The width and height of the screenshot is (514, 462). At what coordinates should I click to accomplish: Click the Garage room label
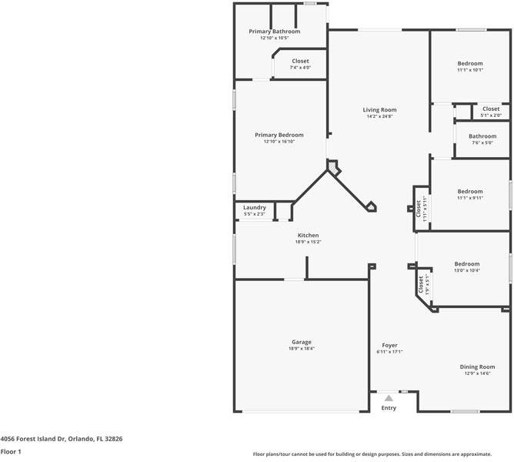click(x=301, y=342)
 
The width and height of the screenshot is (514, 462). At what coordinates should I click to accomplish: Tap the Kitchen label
click(x=308, y=236)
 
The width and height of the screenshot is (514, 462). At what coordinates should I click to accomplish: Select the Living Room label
click(x=379, y=109)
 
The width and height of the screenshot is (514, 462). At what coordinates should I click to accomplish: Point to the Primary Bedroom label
click(x=279, y=135)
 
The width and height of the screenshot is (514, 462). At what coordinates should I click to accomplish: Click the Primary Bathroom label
click(x=274, y=32)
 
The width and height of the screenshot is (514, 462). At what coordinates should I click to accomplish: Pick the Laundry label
click(x=255, y=207)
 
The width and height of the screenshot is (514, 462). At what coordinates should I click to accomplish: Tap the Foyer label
click(x=389, y=345)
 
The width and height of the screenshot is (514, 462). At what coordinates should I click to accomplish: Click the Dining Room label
click(x=477, y=367)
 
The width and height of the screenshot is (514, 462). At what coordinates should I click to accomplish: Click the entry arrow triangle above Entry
click(x=389, y=398)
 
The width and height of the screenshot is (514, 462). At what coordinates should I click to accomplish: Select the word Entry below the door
click(x=389, y=408)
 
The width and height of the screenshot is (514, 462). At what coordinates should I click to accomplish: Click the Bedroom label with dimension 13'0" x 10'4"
click(x=467, y=263)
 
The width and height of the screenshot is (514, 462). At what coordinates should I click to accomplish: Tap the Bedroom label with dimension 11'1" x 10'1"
click(x=470, y=63)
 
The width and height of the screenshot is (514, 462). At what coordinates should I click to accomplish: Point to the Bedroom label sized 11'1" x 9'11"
click(x=470, y=192)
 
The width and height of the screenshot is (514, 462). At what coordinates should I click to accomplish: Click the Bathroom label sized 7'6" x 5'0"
click(x=483, y=136)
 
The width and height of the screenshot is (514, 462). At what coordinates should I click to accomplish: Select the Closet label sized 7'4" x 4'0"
click(x=300, y=61)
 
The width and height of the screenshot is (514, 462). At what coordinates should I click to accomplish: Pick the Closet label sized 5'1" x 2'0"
click(x=490, y=109)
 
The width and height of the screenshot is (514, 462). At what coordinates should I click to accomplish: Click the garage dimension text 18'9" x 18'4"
click(x=301, y=349)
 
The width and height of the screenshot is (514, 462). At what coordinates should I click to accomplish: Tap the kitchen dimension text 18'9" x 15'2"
click(x=308, y=242)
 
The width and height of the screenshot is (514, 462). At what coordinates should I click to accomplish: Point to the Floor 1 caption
click(x=11, y=451)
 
